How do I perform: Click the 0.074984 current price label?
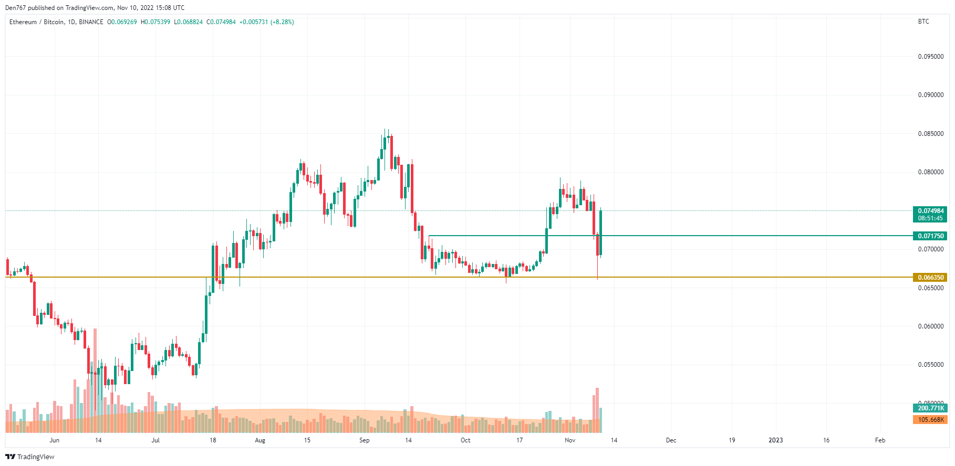tap(930, 211)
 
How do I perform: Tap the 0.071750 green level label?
tap(930, 236)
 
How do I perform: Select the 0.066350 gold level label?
tap(930, 278)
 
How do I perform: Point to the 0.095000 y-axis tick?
tap(930, 57)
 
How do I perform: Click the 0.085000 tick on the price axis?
tap(930, 134)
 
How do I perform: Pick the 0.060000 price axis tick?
tap(930, 326)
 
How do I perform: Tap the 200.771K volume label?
tap(930, 408)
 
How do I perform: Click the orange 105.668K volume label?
tap(930, 420)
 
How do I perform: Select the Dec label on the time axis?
tap(671, 440)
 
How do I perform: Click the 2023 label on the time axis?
tap(775, 440)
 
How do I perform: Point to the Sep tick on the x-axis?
tap(364, 440)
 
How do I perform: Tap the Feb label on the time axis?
tap(880, 440)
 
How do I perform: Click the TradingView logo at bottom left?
tap(30, 457)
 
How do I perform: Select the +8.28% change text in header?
tap(282, 22)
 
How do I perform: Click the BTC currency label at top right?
tap(923, 22)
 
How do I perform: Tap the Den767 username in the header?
tap(16, 8)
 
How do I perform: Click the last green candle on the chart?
tap(600, 232)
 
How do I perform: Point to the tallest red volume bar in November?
tap(597, 409)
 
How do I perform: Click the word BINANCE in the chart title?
tap(91, 22)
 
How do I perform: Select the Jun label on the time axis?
tap(54, 440)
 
